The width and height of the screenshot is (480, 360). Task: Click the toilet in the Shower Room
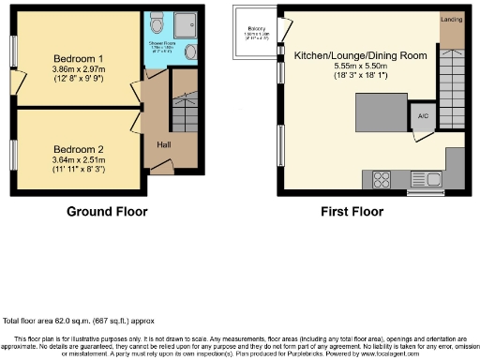(156, 23)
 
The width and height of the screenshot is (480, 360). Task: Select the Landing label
(450, 18)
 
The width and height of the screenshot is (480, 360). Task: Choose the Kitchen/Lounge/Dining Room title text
(360, 56)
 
